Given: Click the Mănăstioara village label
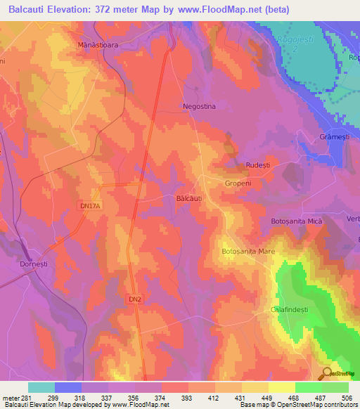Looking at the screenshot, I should coord(96,44).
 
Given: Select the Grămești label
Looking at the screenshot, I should coord(333,136).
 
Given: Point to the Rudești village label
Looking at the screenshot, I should coord(257,164).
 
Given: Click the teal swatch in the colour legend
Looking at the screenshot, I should coord(41,387).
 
